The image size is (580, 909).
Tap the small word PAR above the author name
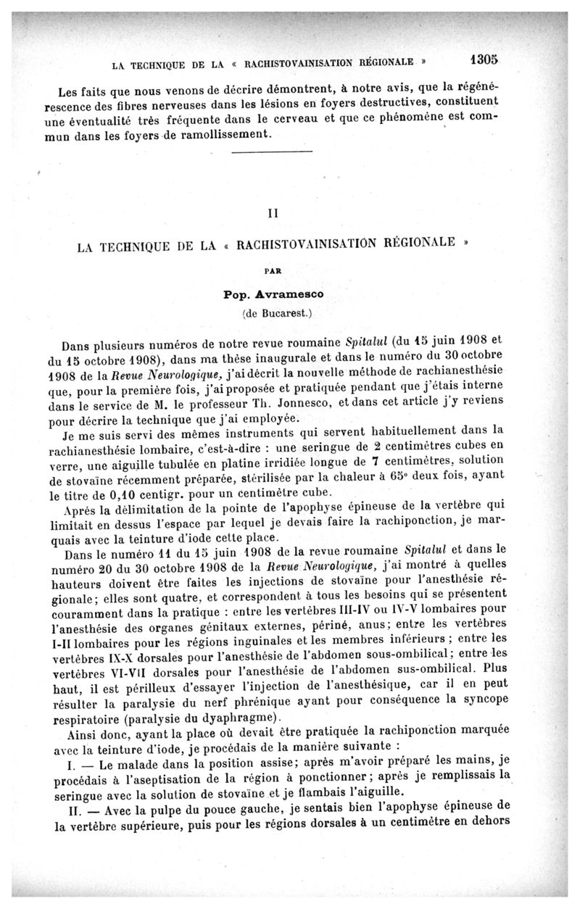(273, 270)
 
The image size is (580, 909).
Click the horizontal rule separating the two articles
(270, 151)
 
